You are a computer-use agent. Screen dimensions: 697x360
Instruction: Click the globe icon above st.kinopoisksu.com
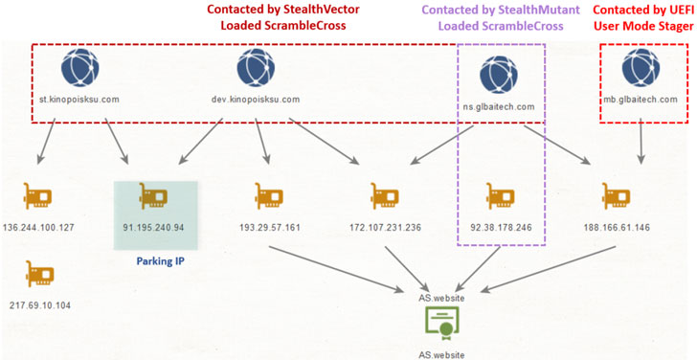(80, 68)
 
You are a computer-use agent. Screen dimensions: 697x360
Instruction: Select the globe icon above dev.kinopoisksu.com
(256, 68)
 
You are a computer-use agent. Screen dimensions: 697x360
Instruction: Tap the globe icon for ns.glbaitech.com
(499, 75)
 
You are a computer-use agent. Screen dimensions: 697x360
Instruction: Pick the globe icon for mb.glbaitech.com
(641, 68)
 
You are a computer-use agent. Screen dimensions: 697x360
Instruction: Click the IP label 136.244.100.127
(38, 228)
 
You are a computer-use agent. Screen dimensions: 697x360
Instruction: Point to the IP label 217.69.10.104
(40, 305)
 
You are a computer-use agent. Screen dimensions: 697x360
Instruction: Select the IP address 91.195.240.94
(153, 228)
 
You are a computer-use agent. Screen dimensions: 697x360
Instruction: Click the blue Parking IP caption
(161, 260)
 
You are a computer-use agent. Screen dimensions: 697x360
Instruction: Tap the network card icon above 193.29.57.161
(269, 196)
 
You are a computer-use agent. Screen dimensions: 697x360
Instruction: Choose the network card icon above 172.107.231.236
(385, 196)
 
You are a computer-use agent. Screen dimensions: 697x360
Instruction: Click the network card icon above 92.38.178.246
(501, 196)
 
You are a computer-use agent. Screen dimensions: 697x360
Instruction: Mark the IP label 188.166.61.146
(617, 228)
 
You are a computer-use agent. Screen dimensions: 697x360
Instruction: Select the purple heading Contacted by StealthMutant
(501, 10)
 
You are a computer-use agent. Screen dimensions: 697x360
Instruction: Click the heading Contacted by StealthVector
(283, 10)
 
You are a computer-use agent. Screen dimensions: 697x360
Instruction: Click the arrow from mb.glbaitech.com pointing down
(641, 142)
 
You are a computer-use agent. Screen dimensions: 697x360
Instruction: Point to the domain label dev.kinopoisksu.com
(256, 100)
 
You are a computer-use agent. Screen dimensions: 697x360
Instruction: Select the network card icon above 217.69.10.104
(40, 274)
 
